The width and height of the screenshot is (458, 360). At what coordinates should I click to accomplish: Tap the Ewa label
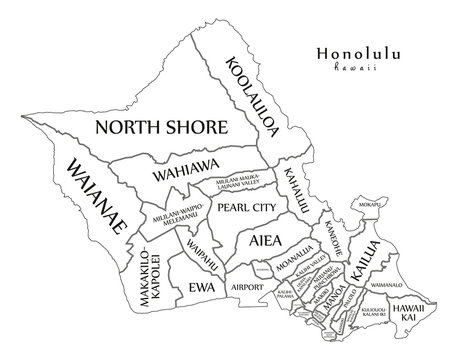(199, 286)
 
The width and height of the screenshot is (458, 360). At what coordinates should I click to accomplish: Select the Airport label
(246, 286)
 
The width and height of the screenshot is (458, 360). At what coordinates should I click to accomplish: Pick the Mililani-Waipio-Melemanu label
(164, 217)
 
